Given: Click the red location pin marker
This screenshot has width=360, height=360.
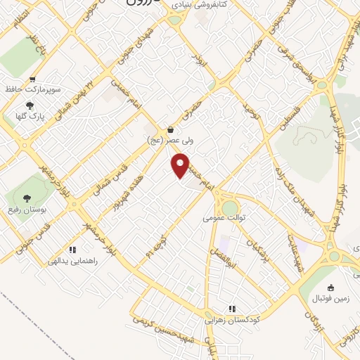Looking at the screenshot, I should click(x=181, y=165).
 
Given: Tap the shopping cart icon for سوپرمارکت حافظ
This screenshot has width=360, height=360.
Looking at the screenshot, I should click(x=32, y=79).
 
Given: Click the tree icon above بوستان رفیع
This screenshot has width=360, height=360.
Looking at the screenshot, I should click(x=27, y=198).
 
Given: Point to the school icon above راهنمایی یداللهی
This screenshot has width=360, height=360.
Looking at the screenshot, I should click(x=72, y=250).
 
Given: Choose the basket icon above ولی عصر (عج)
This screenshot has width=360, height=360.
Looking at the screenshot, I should click(x=172, y=129).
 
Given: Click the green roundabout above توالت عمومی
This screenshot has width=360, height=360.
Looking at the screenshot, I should click(x=230, y=207).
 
